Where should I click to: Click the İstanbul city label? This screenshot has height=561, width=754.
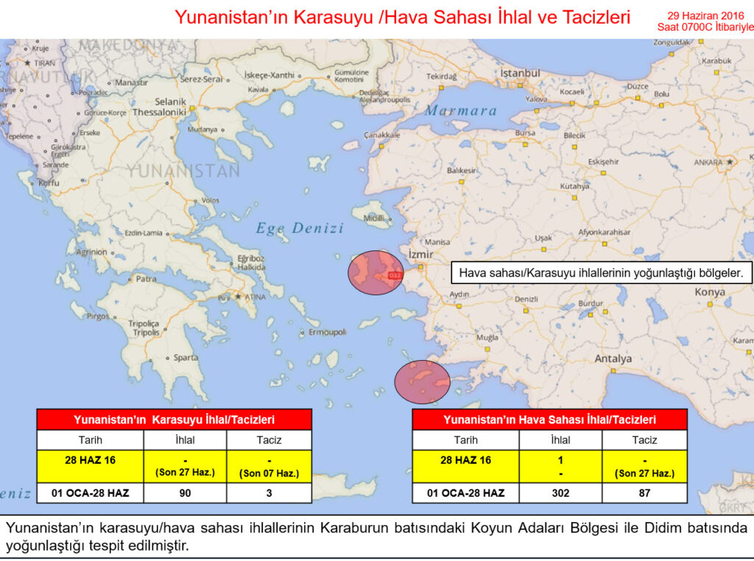521,74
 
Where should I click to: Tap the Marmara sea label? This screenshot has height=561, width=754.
461,110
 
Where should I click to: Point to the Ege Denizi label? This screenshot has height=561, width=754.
300,228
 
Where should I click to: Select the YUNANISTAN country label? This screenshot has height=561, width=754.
183,172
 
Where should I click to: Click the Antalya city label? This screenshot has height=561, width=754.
613,359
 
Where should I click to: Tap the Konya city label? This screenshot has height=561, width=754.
709,292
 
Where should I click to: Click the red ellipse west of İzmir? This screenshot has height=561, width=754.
376,272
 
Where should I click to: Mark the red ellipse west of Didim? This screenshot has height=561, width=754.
423,381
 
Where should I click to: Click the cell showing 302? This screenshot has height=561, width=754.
560,493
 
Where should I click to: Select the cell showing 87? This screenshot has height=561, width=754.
644,493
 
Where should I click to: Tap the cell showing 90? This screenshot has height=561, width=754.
185,493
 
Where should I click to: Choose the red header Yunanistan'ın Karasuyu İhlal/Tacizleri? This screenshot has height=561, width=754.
174,420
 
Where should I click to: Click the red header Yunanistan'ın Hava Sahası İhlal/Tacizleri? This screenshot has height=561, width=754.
549,420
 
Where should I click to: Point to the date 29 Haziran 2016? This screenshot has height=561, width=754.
705,15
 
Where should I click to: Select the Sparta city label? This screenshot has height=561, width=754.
186,358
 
